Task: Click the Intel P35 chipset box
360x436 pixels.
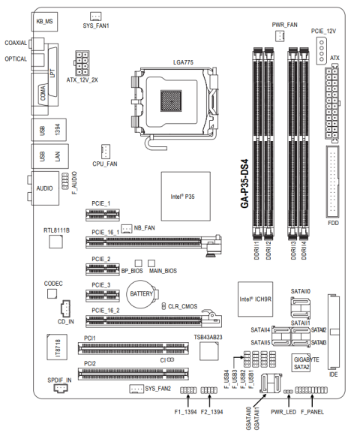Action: click(x=186, y=197)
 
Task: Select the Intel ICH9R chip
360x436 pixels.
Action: click(x=255, y=299)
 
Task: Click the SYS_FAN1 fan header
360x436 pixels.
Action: click(x=96, y=16)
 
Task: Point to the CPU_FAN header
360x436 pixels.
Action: click(x=106, y=152)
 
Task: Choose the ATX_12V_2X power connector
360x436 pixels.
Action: click(x=82, y=63)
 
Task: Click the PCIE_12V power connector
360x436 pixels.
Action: click(x=322, y=51)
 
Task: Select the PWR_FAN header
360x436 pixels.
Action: click(x=280, y=35)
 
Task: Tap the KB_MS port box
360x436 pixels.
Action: click(x=44, y=22)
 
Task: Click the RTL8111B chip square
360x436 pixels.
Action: click(x=55, y=242)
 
